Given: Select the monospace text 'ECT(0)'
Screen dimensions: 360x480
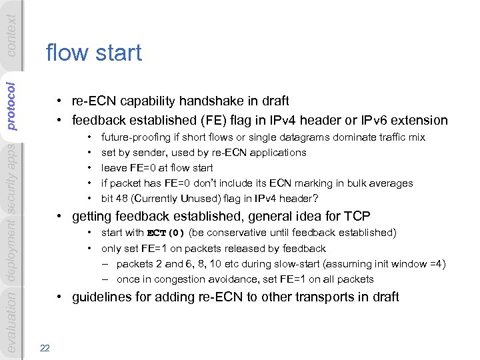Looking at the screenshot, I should (165, 233).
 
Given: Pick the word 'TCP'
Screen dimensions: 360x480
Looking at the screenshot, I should (357, 216).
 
